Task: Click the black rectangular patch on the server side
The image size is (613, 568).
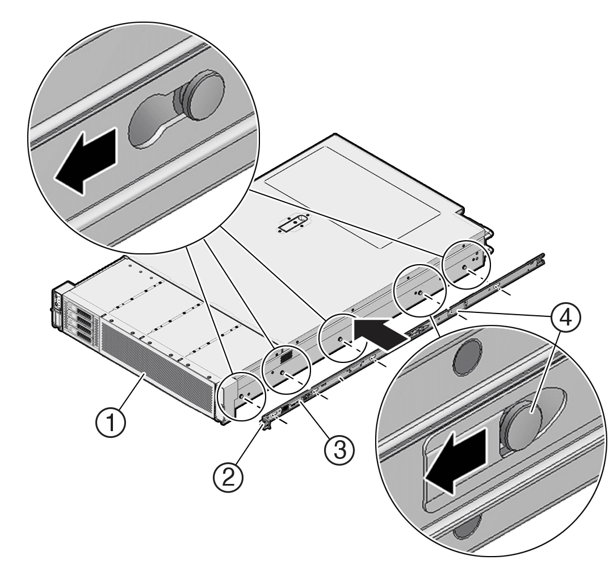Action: click(286, 356)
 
